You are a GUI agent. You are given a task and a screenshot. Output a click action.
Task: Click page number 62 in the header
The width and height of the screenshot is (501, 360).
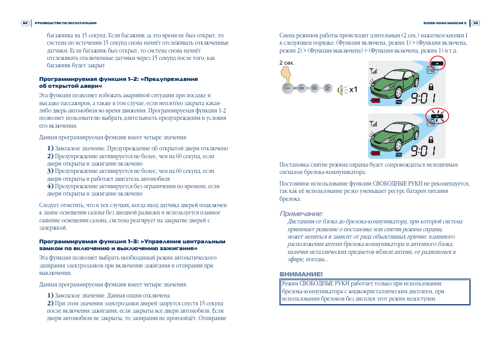point(25,23)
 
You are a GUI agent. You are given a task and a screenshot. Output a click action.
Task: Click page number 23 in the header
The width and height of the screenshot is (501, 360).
point(476,23)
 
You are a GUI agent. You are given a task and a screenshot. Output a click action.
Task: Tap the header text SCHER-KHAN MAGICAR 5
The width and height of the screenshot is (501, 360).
point(444,23)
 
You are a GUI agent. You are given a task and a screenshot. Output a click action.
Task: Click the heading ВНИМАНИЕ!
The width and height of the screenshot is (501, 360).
point(301,274)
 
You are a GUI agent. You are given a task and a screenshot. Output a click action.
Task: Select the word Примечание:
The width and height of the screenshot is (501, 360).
point(301,213)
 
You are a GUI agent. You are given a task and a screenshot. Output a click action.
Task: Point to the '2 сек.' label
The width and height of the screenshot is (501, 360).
point(287,63)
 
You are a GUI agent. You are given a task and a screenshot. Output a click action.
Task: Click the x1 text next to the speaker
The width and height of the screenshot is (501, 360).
point(353,89)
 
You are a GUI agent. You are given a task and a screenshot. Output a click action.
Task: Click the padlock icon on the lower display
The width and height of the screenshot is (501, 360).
point(431,139)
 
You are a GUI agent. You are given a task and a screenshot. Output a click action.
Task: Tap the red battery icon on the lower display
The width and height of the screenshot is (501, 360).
point(376,153)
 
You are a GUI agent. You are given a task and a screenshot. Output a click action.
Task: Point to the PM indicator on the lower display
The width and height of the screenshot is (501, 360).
point(399,155)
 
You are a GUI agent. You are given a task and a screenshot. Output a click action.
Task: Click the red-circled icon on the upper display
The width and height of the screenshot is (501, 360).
point(435,64)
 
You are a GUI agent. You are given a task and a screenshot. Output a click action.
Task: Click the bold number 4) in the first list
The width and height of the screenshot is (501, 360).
point(50,186)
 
